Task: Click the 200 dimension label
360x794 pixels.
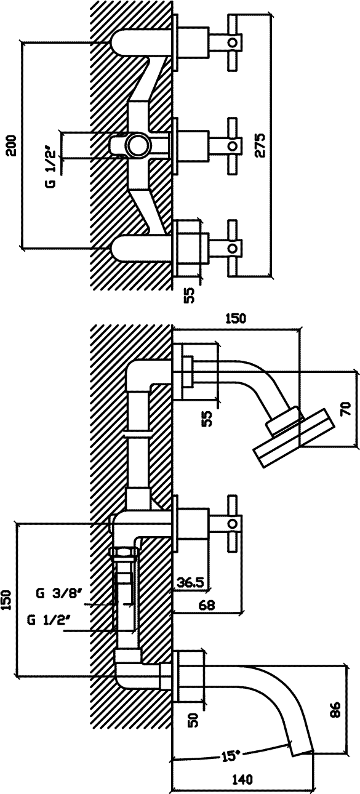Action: point(12,145)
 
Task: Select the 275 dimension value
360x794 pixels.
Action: point(260,145)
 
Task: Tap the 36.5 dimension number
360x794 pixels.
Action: point(190,582)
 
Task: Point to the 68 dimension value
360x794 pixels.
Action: point(207,604)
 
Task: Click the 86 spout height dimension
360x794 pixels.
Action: point(335,709)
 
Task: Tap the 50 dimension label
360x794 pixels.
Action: point(193,720)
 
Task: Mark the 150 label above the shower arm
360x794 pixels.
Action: point(235,318)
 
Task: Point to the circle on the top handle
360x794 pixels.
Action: point(233,42)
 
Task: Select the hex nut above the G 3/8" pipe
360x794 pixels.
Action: point(124,552)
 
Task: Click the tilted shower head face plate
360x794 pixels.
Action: point(294,438)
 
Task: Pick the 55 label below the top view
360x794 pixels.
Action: point(190,295)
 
